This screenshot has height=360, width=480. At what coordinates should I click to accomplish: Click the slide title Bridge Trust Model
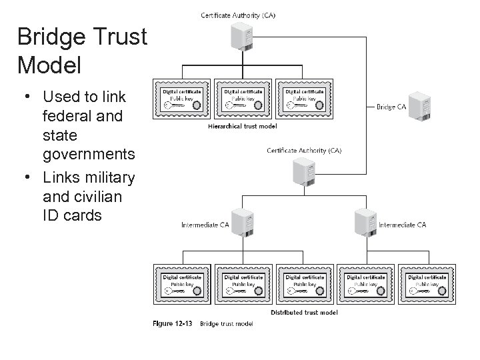(82, 51)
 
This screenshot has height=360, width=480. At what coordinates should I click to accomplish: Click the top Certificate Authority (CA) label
(238, 15)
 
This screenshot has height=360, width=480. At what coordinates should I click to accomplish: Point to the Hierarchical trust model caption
(243, 125)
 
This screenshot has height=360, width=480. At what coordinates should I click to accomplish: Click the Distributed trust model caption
(304, 312)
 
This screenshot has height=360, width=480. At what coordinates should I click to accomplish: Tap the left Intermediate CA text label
(205, 225)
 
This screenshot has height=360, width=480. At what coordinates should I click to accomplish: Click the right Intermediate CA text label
(402, 225)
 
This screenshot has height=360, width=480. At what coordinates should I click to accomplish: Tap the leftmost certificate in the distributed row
(182, 285)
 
